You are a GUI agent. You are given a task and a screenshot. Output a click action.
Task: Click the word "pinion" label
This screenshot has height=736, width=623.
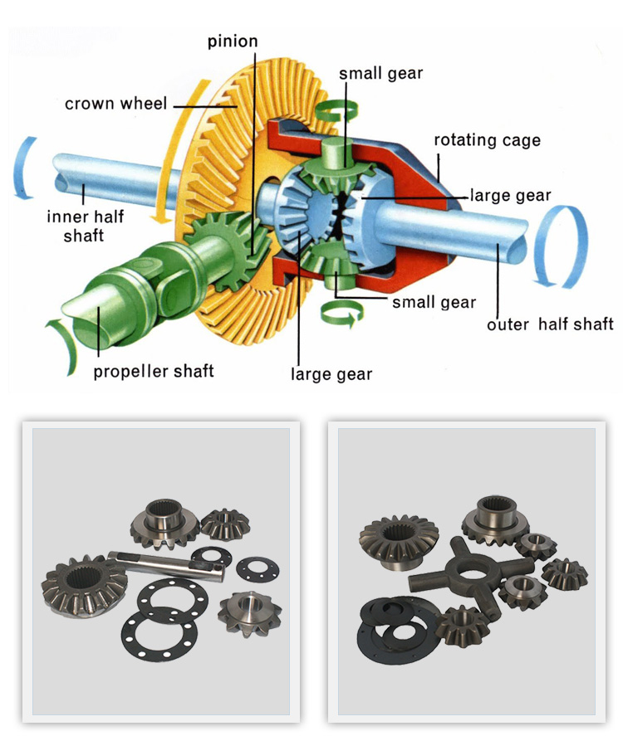(232, 41)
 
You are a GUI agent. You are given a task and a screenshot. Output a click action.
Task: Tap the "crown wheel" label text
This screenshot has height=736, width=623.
(116, 105)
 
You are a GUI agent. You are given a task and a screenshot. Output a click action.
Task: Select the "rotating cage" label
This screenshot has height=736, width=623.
(487, 140)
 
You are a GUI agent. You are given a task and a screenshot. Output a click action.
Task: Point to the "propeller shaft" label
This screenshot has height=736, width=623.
(153, 370)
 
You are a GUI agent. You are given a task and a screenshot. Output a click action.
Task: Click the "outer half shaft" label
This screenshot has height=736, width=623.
(550, 324)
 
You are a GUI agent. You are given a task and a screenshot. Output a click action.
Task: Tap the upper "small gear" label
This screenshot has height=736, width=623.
(380, 73)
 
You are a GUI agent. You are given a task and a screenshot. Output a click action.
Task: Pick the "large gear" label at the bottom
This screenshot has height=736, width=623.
(331, 374)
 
